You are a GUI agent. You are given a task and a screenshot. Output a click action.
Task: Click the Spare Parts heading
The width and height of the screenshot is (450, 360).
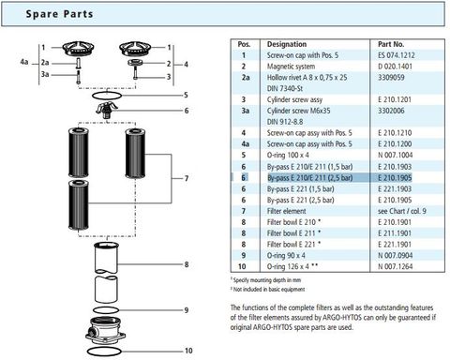pyautogui.click(x=55, y=14)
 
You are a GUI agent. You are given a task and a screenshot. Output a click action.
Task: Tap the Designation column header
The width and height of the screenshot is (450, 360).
pyautogui.click(x=287, y=44)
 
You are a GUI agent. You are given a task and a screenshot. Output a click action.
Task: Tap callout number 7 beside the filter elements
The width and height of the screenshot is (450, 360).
pyautogui.click(x=187, y=178)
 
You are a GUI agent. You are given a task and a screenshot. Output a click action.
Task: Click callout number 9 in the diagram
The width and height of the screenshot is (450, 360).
pyautogui.click(x=187, y=311)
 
